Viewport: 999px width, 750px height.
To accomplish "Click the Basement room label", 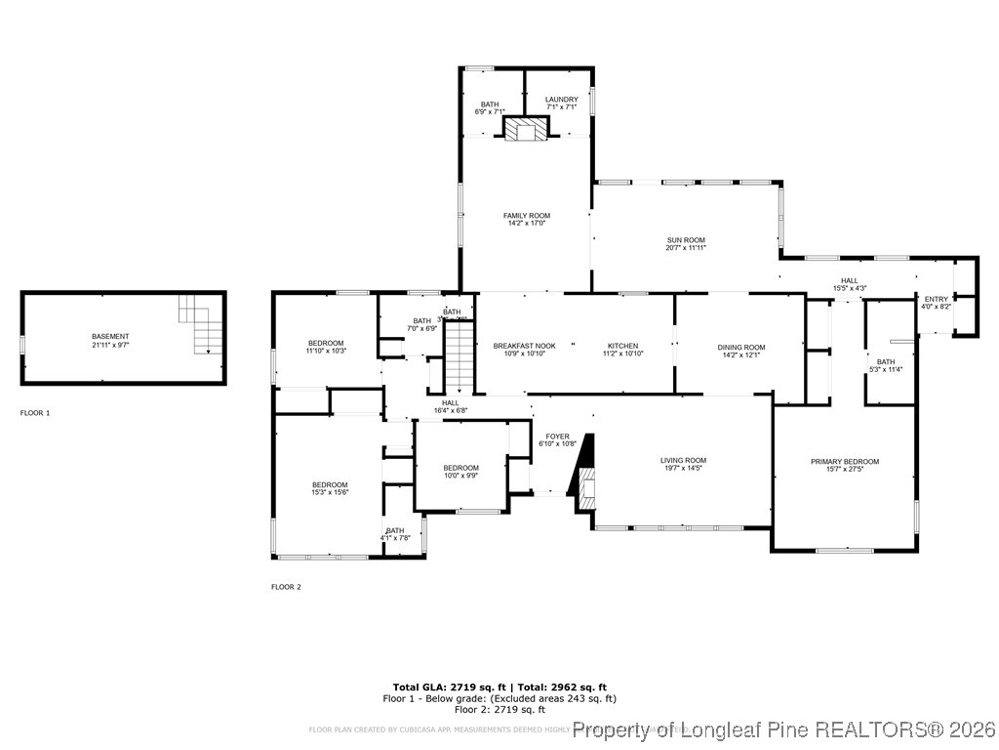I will (x=109, y=336).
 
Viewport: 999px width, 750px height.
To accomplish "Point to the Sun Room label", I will (x=685, y=239).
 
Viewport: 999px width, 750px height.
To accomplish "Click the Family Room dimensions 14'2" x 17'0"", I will (x=526, y=224).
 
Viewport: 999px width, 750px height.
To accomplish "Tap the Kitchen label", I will (x=622, y=346).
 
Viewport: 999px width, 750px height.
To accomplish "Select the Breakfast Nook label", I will (x=524, y=346).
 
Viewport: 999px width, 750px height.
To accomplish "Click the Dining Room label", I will (x=741, y=347).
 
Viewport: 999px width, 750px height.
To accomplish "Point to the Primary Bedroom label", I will (x=845, y=461).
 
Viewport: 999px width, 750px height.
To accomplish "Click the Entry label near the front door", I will (x=936, y=299).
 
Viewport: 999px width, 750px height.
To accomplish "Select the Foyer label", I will (x=557, y=437).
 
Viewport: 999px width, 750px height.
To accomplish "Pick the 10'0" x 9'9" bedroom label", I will (x=460, y=468).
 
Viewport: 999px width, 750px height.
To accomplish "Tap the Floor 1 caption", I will (x=35, y=413).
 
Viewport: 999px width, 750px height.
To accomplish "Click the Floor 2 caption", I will (x=286, y=587).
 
